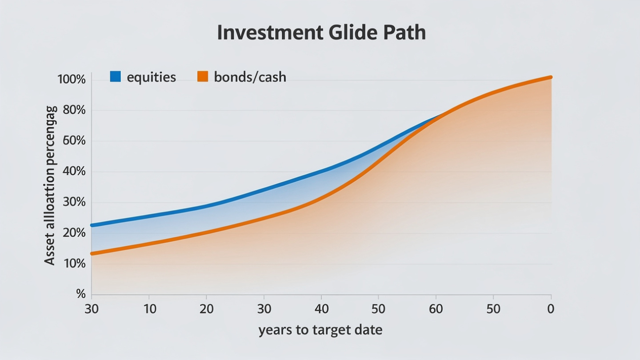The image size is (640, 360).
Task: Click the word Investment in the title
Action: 270,32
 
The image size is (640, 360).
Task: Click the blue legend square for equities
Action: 116,76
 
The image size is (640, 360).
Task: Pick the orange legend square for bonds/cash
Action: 203,76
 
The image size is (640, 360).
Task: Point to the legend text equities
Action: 152,77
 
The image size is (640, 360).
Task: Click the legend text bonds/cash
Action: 250,77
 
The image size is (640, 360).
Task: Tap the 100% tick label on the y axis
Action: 72,80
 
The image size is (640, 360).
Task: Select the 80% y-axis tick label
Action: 74,110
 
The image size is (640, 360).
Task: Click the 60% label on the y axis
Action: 74,141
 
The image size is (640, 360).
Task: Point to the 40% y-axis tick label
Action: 74,172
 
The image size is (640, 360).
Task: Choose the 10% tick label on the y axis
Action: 74,264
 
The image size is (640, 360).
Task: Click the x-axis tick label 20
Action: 206,309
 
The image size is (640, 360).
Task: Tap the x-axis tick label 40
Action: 321,309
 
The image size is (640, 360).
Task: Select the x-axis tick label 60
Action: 436,309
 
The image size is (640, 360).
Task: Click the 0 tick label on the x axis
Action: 551,309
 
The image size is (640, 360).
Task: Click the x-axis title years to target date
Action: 320,330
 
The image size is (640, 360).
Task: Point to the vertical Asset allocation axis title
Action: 50,186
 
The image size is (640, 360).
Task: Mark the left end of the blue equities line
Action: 92,225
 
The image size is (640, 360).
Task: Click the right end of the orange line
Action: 551,77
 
